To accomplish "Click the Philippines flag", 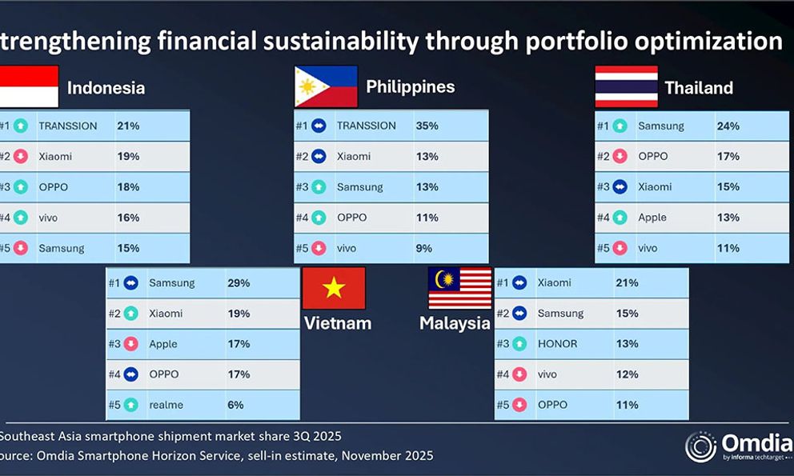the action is coord(326,86).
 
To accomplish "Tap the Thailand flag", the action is coord(627,86).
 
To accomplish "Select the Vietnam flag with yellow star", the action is coord(334,288).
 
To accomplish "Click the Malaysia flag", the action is coord(459,288).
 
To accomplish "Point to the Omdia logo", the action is coord(739,446).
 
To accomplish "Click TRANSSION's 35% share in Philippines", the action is coord(427,126).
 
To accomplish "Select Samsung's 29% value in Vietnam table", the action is coord(239,283).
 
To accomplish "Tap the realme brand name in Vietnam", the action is coord(166,405).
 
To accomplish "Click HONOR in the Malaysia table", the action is coord(558,344).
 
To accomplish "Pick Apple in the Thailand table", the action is coord(652,218).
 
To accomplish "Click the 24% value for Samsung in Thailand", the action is coord(728,126).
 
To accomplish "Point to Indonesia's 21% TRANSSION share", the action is coord(128,126).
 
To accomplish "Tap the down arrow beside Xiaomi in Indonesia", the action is coord(20,156).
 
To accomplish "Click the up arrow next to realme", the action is coord(130,405).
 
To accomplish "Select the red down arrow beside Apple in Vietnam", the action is coord(130,344).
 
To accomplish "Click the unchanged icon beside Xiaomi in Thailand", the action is coord(620,187).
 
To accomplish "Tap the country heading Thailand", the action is coord(699,88).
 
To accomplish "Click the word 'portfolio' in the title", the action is coord(576,42).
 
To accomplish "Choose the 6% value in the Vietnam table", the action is coord(235,405).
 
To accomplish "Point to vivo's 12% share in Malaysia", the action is coord(627,374).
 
